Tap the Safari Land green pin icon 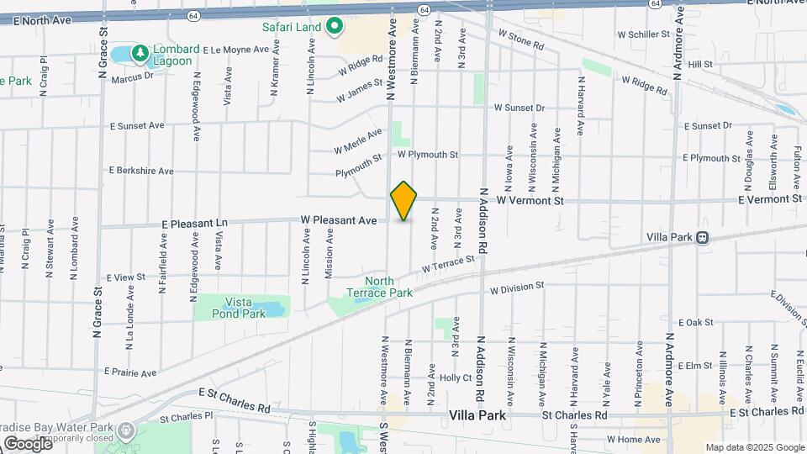335,27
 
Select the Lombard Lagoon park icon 140,51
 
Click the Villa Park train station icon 701,237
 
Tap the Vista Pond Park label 245,307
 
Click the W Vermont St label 529,201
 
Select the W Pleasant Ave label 339,220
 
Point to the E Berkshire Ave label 141,170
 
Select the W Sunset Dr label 520,108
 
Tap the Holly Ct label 456,377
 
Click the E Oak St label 695,322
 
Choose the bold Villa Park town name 477,415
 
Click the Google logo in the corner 27,443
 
